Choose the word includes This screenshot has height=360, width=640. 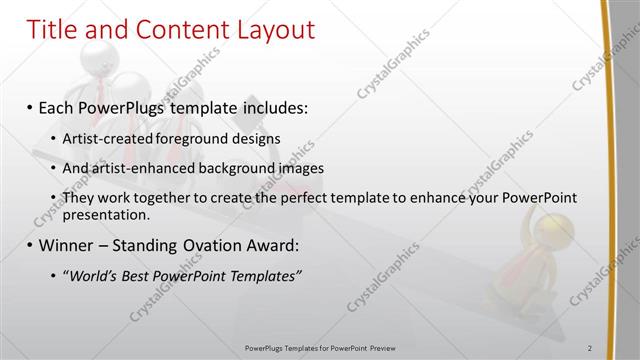click(276, 106)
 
